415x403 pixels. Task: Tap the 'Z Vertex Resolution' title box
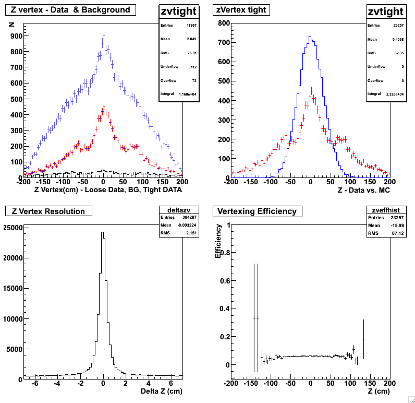click(x=48, y=211)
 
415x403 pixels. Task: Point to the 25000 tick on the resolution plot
click(x=13, y=228)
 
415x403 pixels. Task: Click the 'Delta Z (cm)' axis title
click(x=162, y=390)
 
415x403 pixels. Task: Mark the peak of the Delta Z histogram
click(x=103, y=232)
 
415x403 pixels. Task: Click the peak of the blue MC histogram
click(x=310, y=37)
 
